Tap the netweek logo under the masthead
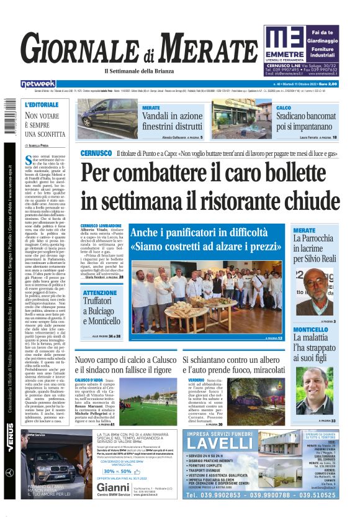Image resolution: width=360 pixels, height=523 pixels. click(x=38, y=84)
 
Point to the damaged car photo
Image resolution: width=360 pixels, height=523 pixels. click(x=107, y=119)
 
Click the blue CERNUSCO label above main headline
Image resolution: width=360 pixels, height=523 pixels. click(x=96, y=153)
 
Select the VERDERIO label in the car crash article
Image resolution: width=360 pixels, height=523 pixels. click(x=196, y=380)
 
